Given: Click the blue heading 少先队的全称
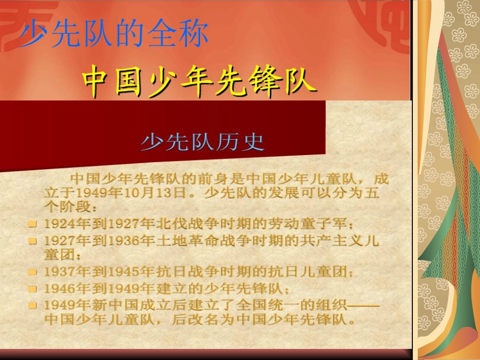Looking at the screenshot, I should pos(114,35).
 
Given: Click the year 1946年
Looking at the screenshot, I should pos(62,289).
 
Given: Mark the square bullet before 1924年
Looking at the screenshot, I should pos(33,223).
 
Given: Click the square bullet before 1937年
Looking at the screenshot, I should pos(33,272).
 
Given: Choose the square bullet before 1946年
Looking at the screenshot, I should pos(33,289).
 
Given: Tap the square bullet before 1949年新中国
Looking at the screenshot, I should pos(33,305).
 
